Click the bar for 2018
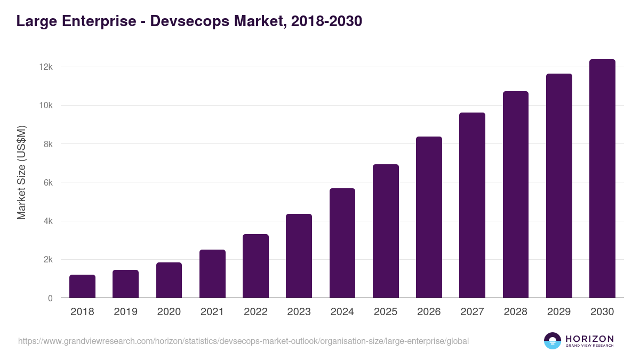tap(82, 286)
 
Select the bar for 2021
tap(212, 274)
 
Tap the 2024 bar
tap(342, 243)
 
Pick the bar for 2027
tap(472, 205)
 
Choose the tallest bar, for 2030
tap(602, 179)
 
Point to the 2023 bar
tap(299, 256)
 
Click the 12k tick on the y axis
tap(46, 67)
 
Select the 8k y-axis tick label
tap(48, 144)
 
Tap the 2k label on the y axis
tap(48, 260)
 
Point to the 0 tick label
tap(50, 298)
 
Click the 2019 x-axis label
tap(125, 312)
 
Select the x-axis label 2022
tap(255, 312)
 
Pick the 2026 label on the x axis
tap(429, 312)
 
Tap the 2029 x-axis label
tap(559, 312)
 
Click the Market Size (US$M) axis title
tap(21, 173)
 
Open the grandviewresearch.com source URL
tap(243, 341)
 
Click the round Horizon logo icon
tap(553, 341)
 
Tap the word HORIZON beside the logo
tap(589, 338)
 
